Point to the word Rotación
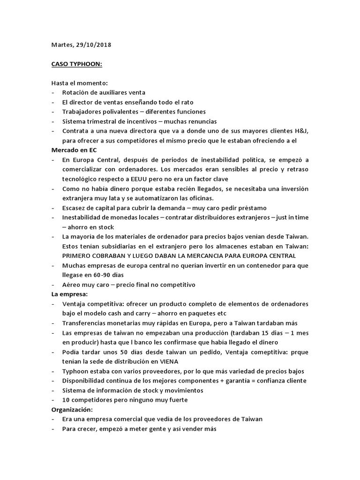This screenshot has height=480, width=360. point(76,93)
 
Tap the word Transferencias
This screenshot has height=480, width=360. point(87,323)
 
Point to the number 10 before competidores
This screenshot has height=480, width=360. point(66,400)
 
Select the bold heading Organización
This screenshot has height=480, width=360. point(73,409)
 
